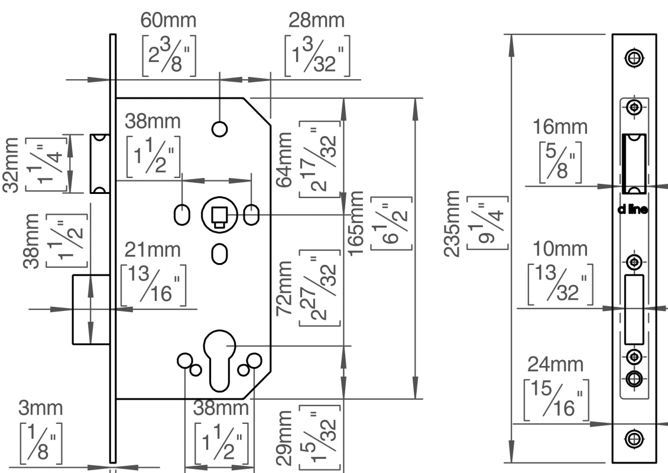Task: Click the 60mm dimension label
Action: coord(168,20)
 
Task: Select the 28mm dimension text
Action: coord(316,20)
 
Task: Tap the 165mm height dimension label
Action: coord(356,223)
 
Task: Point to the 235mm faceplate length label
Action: coord(452,223)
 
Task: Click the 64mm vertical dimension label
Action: coord(284,160)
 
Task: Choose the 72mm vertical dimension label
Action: coord(284,289)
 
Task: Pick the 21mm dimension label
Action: coord(153,250)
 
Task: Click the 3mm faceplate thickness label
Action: coord(40,408)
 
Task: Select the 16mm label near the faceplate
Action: coord(560,127)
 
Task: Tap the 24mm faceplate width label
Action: coord(556,364)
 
